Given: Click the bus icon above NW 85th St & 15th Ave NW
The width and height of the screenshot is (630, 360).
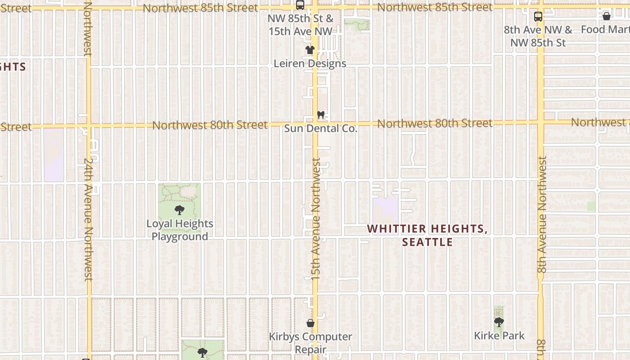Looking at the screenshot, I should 300,5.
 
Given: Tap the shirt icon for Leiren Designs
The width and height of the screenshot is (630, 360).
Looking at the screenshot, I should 310,50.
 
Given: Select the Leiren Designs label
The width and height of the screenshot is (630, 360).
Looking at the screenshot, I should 310,63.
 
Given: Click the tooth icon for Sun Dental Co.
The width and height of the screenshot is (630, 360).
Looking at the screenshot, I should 320,115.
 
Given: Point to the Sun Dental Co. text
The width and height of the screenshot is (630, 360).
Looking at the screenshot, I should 320,129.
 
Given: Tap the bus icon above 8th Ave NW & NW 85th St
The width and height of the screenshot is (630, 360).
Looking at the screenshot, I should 538,17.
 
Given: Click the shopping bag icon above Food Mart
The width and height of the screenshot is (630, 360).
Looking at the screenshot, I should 606,17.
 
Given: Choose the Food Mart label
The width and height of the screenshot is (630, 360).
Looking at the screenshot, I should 605,30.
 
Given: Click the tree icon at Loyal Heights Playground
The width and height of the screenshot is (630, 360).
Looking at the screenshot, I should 180,210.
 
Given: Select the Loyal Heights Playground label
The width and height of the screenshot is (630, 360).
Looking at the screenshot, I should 180,230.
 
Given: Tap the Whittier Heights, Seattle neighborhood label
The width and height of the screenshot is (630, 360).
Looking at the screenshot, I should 427,235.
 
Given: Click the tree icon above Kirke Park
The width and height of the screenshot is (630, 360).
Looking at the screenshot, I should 499,322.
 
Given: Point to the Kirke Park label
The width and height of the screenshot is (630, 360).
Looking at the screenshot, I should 499,336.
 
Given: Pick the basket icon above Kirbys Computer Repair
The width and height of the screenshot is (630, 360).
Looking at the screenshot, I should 310,323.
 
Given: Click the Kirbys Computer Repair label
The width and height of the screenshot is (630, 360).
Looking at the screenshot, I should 310,343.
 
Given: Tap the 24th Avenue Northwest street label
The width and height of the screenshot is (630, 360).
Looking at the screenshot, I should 89,219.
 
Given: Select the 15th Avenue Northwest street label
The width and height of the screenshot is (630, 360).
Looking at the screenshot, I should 316,219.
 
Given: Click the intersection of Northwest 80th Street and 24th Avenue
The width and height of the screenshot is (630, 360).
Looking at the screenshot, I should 89,126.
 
